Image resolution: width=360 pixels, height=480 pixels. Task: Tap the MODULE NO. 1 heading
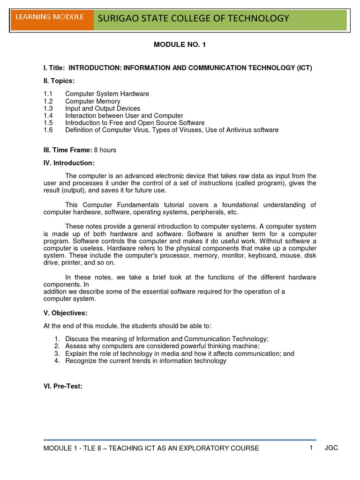tap(180, 45)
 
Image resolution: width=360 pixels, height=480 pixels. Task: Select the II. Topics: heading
tap(59, 81)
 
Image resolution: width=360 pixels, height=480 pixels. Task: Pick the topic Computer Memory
tap(92, 101)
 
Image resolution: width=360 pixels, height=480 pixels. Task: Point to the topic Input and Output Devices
tap(102, 108)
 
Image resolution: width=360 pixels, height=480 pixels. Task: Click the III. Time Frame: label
tap(67, 150)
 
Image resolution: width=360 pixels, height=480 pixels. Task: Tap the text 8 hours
tap(105, 150)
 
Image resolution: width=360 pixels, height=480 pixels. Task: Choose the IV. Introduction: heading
tap(69, 163)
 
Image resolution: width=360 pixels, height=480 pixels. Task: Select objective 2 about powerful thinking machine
tap(162, 346)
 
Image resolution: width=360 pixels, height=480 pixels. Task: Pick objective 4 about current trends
tap(145, 360)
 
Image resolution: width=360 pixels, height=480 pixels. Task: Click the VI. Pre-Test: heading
tap(63, 387)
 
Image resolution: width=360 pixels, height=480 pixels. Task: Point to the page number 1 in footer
tap(311, 448)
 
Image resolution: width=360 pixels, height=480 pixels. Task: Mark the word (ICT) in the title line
tap(304, 68)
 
